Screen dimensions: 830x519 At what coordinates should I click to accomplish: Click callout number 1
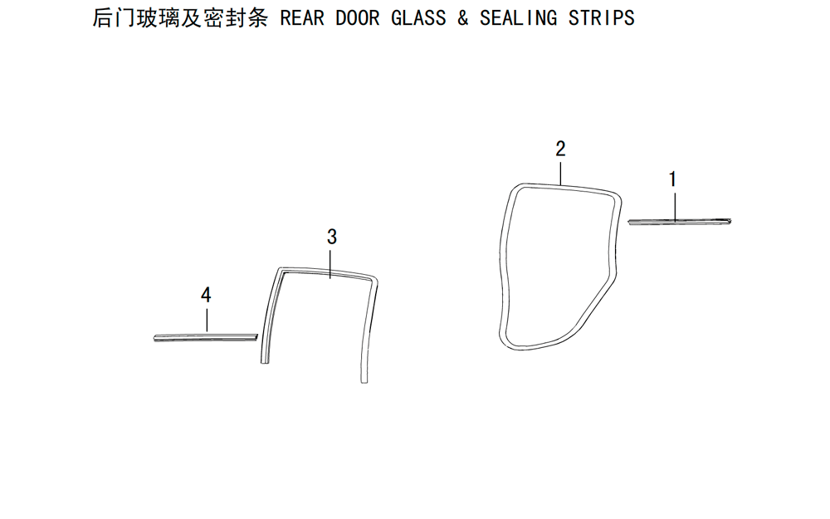672,179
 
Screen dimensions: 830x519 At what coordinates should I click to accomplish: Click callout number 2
560,149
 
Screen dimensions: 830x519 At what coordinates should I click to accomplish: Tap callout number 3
332,237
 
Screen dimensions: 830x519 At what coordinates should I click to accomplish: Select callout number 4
206,295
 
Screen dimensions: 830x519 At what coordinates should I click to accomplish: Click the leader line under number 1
676,207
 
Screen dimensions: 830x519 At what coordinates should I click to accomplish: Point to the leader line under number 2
560,174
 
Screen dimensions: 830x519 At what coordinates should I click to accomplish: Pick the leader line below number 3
330,264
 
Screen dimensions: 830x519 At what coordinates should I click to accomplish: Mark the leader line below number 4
207,321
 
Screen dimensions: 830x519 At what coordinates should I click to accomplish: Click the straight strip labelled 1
680,222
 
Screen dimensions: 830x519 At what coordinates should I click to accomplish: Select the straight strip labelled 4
205,337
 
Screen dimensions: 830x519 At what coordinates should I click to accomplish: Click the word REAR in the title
302,18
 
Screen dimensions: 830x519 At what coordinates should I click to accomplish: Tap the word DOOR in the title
357,18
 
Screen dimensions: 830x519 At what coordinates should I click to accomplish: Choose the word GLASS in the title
418,18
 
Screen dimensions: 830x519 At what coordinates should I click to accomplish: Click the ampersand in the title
462,18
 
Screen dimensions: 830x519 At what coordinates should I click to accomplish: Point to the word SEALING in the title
518,18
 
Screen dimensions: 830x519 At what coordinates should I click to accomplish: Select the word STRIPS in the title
601,18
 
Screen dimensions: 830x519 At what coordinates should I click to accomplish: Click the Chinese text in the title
180,18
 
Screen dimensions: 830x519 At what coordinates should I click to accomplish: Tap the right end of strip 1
730,220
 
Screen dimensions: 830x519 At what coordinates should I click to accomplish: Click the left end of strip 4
154,338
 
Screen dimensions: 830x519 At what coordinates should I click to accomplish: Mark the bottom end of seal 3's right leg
364,382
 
